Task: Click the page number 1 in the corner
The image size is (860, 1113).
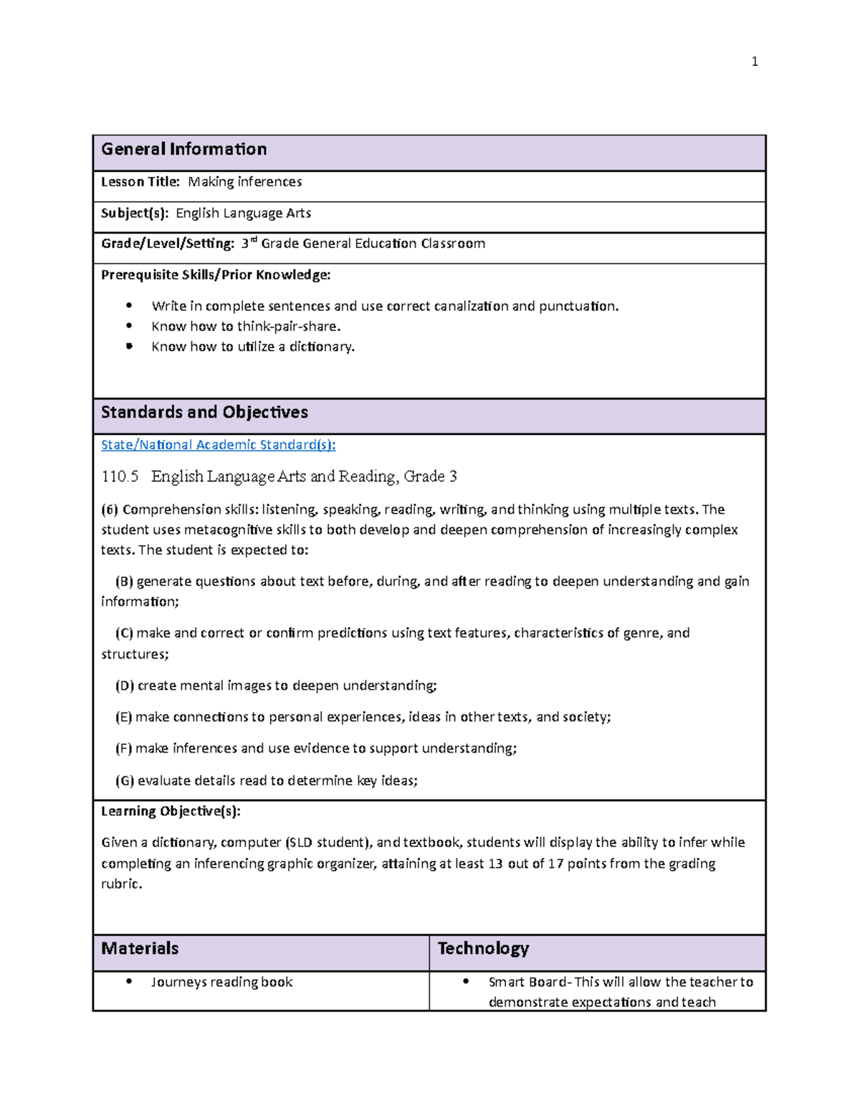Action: click(x=754, y=62)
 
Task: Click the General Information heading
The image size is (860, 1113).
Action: click(x=183, y=149)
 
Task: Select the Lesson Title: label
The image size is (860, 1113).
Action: click(x=140, y=182)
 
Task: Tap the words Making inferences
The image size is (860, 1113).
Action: click(x=244, y=182)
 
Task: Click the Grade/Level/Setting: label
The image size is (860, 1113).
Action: click(x=167, y=244)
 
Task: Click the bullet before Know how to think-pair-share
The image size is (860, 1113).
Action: click(x=129, y=326)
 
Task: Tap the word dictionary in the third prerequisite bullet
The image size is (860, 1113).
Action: click(x=321, y=347)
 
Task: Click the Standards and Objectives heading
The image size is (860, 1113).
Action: click(x=204, y=412)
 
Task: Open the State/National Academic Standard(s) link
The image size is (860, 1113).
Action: click(x=218, y=445)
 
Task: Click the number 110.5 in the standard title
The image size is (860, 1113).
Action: click(x=120, y=477)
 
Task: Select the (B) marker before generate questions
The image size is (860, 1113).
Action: click(x=124, y=581)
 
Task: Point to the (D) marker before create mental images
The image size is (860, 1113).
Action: click(x=125, y=686)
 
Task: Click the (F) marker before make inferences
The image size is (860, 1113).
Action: click(x=124, y=748)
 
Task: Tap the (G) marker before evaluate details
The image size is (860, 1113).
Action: click(x=125, y=780)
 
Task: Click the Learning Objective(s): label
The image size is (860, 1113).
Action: click(x=171, y=811)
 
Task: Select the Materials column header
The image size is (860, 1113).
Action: click(x=140, y=948)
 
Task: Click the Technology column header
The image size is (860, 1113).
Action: click(x=483, y=948)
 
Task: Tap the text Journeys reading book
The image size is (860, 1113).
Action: click(x=221, y=982)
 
